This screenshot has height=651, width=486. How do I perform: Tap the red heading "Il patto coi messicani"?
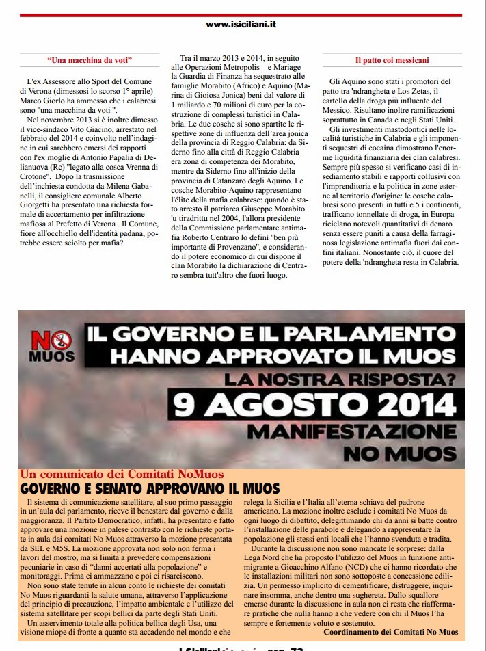pyautogui.click(x=392, y=60)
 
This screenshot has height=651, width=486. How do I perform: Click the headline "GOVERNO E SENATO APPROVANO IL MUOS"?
pyautogui.click(x=150, y=488)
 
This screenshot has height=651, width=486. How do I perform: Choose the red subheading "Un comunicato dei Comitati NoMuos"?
pyautogui.click(x=122, y=473)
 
